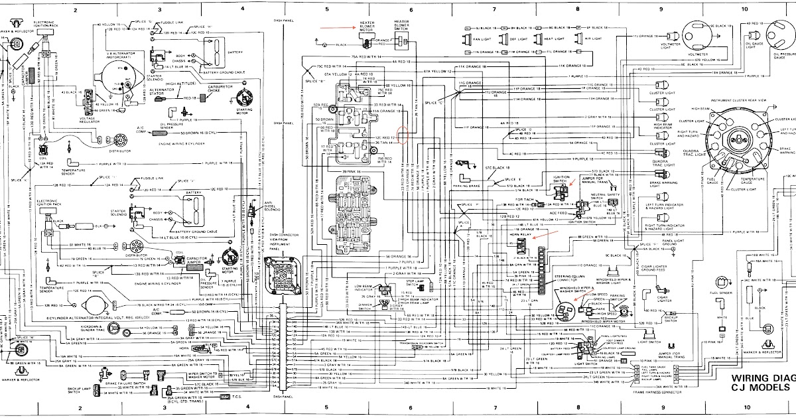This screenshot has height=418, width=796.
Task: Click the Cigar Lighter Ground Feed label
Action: (x=660, y=271)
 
